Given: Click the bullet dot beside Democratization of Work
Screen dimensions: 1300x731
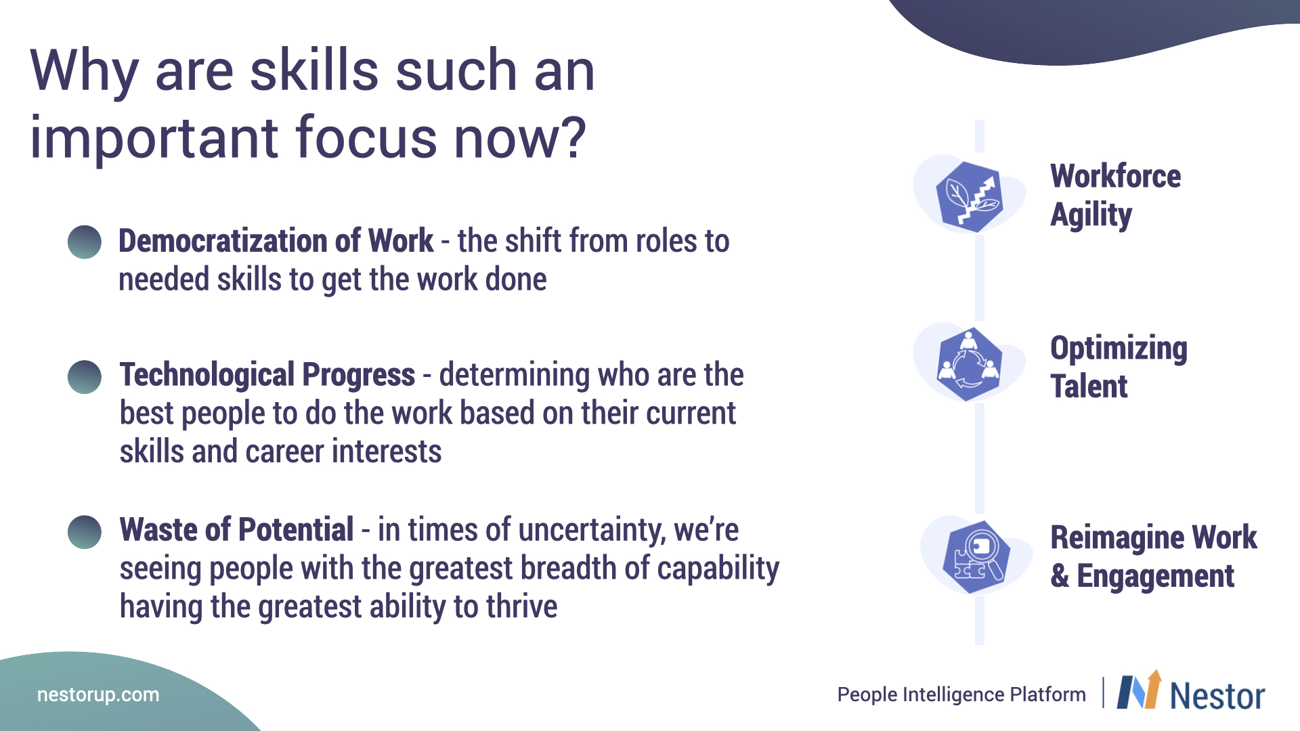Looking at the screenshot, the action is click(x=85, y=242).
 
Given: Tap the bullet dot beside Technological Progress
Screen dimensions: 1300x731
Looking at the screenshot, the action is click(x=85, y=377).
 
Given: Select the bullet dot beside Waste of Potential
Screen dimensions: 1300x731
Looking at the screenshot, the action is click(x=85, y=532).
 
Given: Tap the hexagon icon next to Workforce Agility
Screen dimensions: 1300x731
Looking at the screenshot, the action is click(x=969, y=197).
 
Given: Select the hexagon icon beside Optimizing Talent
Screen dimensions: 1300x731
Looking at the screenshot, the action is click(x=970, y=363).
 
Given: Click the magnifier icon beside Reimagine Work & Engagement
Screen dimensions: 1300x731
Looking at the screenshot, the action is click(x=976, y=557).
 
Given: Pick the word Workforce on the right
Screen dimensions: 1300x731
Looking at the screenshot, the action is click(x=1116, y=177).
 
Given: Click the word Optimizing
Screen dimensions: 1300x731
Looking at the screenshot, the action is click(x=1119, y=349).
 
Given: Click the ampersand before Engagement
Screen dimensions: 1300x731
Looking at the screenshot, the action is click(x=1060, y=576).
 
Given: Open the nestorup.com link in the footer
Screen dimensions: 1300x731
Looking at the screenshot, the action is click(x=98, y=695).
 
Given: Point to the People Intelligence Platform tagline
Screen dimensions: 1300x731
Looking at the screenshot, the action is click(x=961, y=694).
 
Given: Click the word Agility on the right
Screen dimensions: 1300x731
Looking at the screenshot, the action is click(x=1091, y=216).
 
